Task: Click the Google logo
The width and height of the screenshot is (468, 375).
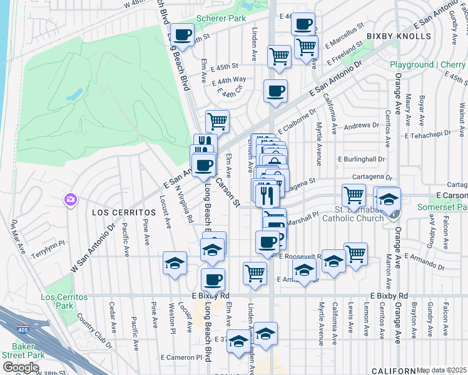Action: (x=20, y=367)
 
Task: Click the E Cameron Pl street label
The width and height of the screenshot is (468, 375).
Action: (x=181, y=357)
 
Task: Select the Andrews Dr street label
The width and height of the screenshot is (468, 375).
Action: (x=357, y=126)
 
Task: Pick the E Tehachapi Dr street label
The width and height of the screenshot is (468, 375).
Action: (x=431, y=134)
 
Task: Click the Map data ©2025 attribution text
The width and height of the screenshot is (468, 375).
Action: (x=442, y=370)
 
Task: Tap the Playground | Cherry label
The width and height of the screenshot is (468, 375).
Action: (x=428, y=64)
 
